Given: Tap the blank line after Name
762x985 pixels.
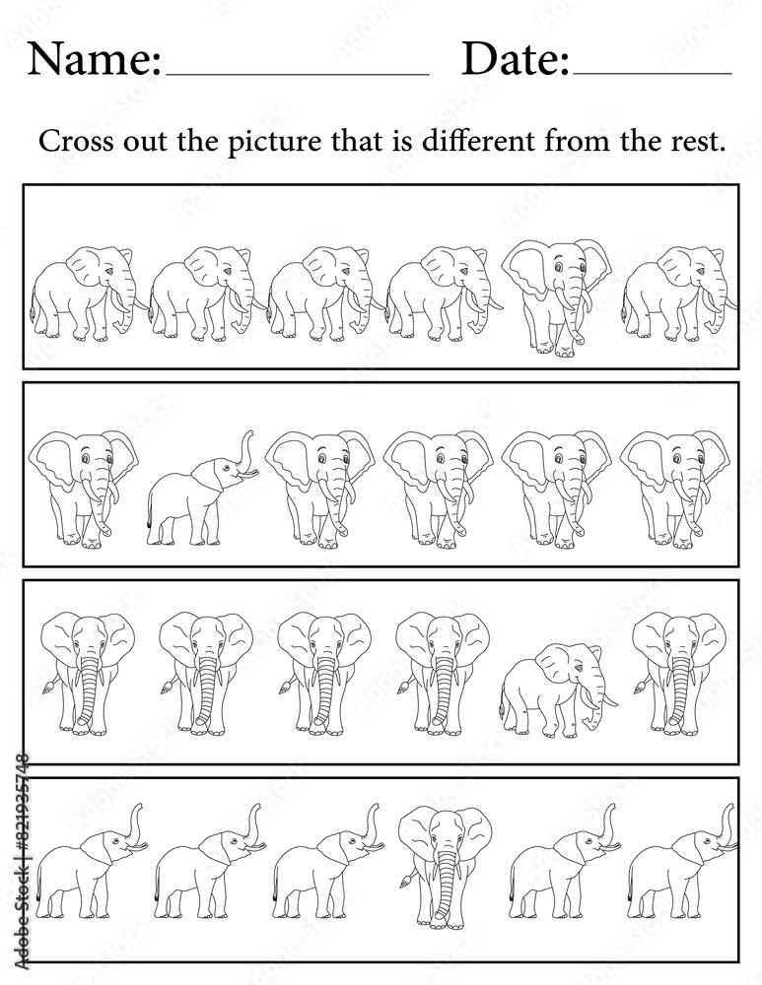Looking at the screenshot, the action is coord(297,74).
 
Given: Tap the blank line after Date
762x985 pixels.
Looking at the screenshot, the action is coord(652,74).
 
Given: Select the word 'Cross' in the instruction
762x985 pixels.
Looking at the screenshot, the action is coord(76,141).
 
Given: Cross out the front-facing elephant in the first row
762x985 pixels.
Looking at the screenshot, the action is coord(556,297).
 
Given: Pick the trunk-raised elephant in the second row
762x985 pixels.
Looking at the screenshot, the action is coord(202,489).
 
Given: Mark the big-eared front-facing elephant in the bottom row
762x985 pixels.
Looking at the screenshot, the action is coord(445,866).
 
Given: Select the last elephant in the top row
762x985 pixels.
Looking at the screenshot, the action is coord(679,294).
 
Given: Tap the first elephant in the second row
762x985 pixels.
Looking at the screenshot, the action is coord(83,489).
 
